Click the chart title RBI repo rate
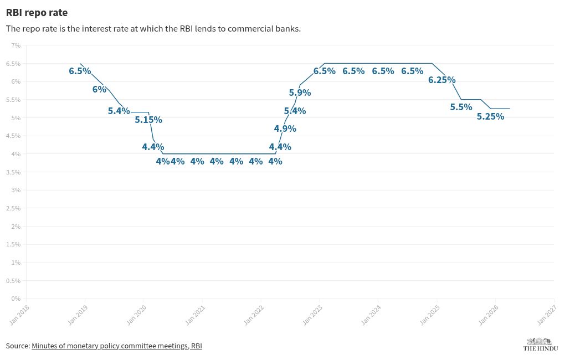click(x=37, y=12)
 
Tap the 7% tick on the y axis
click(x=16, y=45)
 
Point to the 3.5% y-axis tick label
click(x=14, y=172)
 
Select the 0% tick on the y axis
click(x=16, y=299)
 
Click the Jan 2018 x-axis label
click(x=20, y=314)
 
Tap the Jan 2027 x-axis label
click(x=547, y=314)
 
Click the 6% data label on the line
click(x=99, y=89)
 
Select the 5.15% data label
click(x=148, y=120)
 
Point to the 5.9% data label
click(x=300, y=93)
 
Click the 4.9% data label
click(x=285, y=129)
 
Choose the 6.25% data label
click(x=441, y=80)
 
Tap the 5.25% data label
click(x=490, y=117)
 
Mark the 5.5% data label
click(x=461, y=107)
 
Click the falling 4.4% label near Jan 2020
click(x=153, y=147)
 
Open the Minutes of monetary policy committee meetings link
click(x=116, y=346)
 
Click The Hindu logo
click(x=540, y=344)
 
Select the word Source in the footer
click(x=17, y=346)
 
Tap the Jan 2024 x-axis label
click(x=371, y=314)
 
